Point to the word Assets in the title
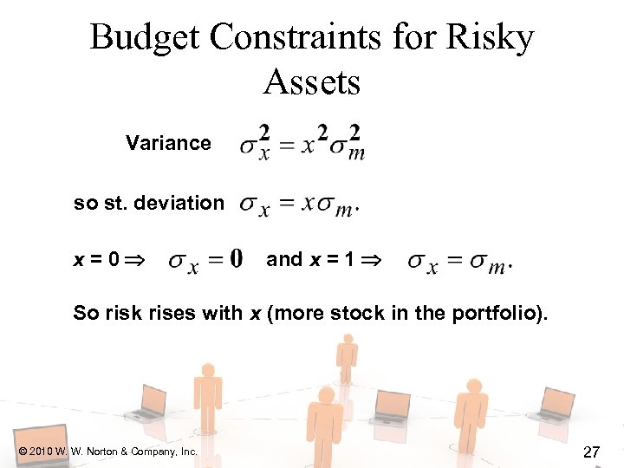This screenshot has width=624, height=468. tap(311, 82)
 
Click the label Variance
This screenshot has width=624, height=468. tap(168, 143)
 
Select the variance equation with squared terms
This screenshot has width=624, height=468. tap(302, 143)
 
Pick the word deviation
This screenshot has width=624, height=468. tap(183, 203)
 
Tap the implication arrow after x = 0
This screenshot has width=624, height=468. tap(137, 260)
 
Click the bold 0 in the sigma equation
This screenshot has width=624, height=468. tap(237, 259)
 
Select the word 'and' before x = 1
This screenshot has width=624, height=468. tap(284, 259)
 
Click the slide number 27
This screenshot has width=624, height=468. tap(592, 451)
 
